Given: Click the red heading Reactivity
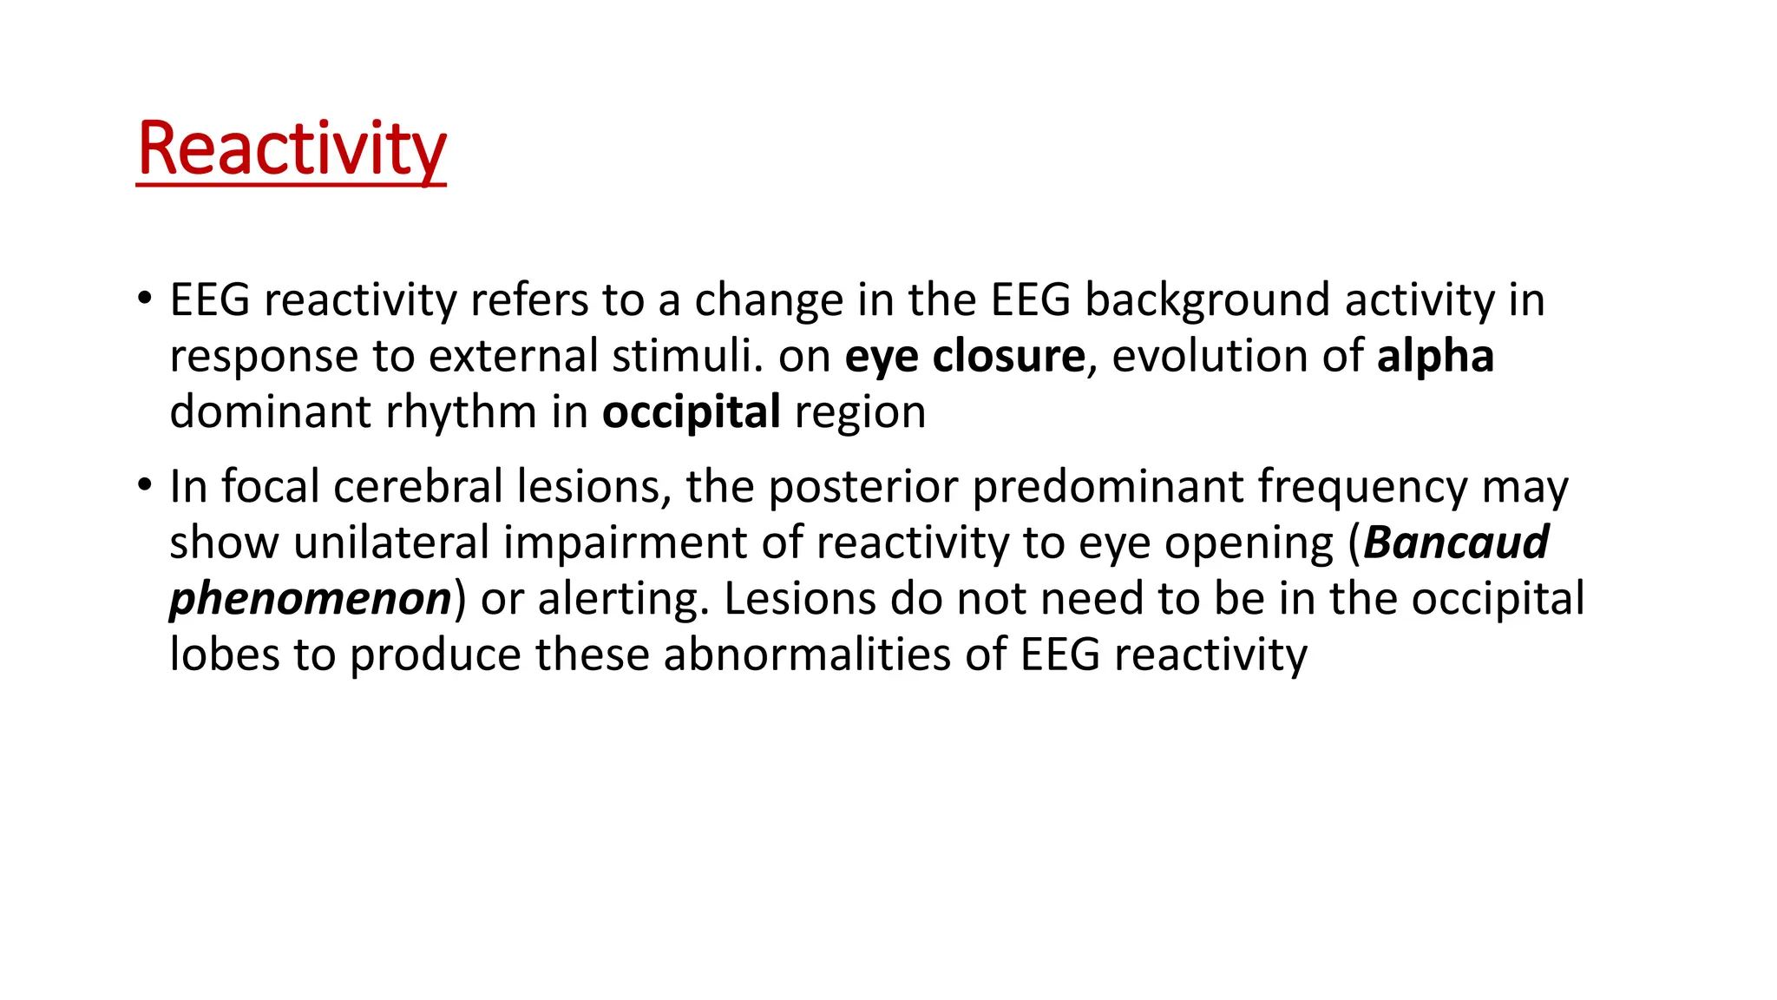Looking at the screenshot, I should pyautogui.click(x=292, y=149).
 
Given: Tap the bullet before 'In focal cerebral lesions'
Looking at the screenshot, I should pyautogui.click(x=144, y=485).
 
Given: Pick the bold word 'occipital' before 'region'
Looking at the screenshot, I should pyautogui.click(x=691, y=412).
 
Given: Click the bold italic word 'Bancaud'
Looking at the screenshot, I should pyautogui.click(x=1456, y=543).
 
